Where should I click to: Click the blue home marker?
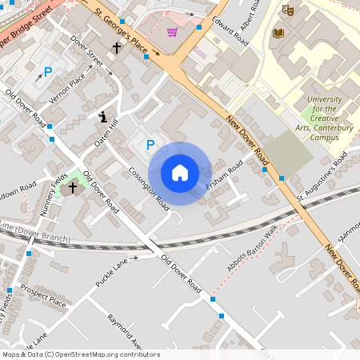coord(179,173)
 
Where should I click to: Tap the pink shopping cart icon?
coord(172,32)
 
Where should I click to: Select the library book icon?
coord(278,33)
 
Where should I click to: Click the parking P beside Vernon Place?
coord(47,72)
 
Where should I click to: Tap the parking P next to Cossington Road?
coord(149,145)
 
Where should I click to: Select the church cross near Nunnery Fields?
coord(73,187)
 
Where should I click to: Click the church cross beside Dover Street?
coord(116,48)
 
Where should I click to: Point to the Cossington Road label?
coord(150,189)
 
